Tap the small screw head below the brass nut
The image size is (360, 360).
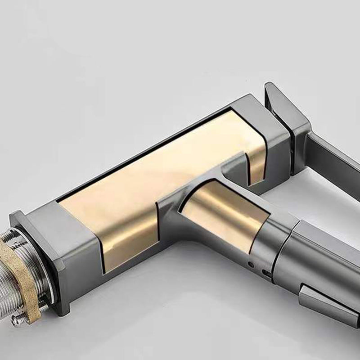point(17,320)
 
